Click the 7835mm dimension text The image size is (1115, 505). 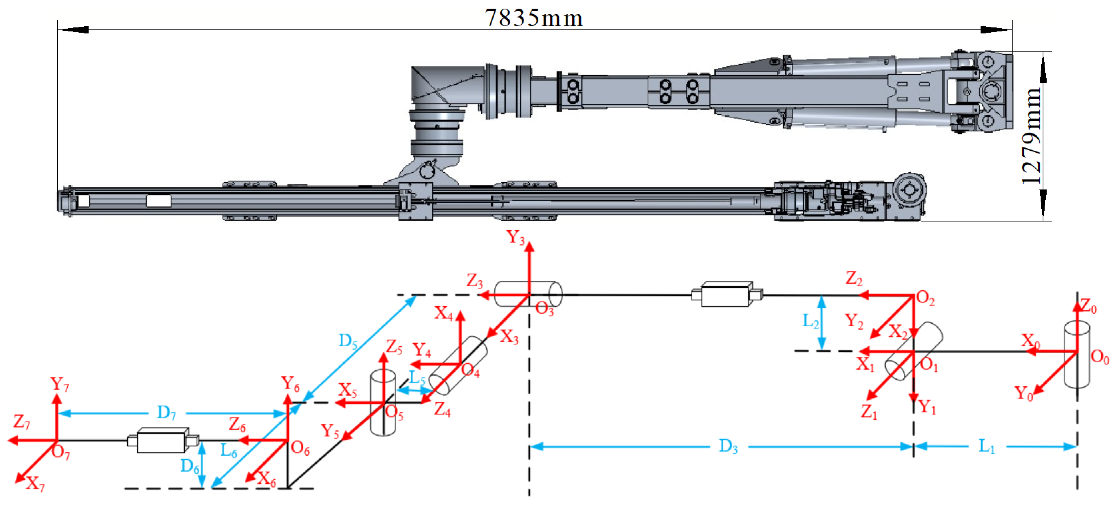tap(534, 18)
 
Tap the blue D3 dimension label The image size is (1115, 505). tap(728, 446)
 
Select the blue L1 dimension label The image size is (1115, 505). tap(987, 446)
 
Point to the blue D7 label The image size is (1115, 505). tap(166, 413)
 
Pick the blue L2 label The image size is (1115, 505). tap(810, 321)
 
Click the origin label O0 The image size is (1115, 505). tap(1100, 358)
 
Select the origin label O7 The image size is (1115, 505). tap(61, 453)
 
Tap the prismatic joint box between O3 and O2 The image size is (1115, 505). tap(726, 295)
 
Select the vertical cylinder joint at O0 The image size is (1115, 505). tap(1077, 355)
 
